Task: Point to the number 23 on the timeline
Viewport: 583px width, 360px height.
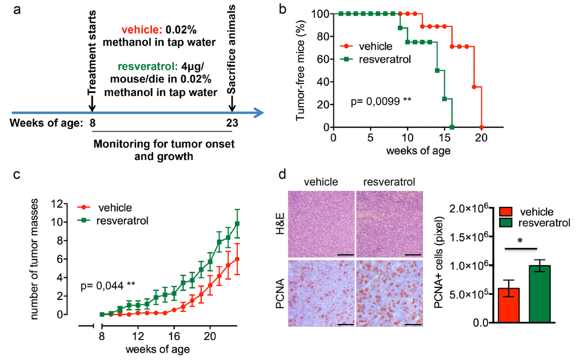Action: pyautogui.click(x=231, y=122)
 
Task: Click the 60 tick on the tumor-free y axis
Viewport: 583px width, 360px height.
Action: pyautogui.click(x=324, y=58)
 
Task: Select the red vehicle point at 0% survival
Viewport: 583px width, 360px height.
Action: pyautogui.click(x=482, y=127)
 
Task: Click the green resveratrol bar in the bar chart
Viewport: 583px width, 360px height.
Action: pyautogui.click(x=540, y=294)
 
